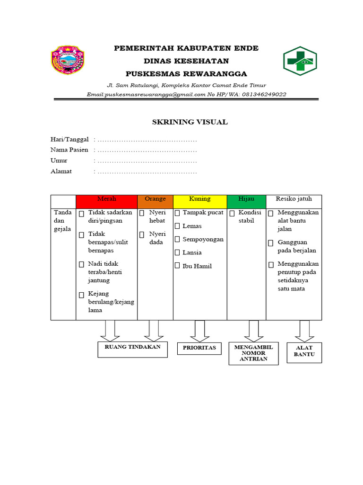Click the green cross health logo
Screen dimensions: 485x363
point(300,61)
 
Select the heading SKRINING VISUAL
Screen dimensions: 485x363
point(190,122)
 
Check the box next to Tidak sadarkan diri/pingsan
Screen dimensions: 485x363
point(82,214)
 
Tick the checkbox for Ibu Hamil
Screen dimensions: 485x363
point(177,266)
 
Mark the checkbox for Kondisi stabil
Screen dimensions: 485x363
point(232,214)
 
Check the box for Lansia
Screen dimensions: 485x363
point(177,252)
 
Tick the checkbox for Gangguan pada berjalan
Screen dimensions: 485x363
point(271,243)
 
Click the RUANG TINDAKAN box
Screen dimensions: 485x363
point(132,349)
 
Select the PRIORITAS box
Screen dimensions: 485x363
point(199,348)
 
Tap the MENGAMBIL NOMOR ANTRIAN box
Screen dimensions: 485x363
point(253,353)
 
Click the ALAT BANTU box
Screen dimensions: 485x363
point(304,352)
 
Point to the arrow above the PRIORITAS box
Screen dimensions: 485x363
point(199,331)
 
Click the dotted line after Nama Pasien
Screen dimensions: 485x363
point(147,150)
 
